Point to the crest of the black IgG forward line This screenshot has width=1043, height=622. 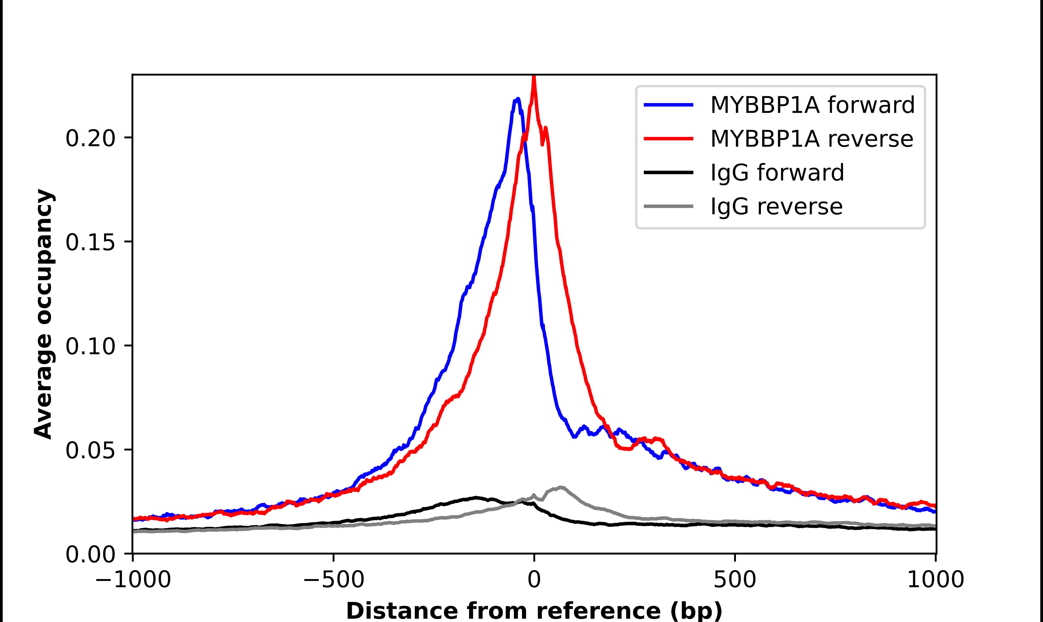click(x=476, y=498)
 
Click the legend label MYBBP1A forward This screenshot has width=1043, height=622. click(x=812, y=105)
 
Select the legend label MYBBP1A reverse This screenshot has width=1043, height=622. click(x=811, y=139)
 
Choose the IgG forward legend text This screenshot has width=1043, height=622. click(x=777, y=173)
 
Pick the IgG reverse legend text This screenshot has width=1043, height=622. click(x=776, y=207)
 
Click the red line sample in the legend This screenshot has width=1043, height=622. click(x=669, y=139)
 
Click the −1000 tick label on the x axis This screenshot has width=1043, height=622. click(x=133, y=581)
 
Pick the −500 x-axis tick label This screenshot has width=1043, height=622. click(x=334, y=581)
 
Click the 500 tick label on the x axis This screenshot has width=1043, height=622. click(x=735, y=581)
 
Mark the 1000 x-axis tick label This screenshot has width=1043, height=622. click(x=936, y=581)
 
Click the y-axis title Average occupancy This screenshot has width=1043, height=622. click(x=44, y=314)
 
